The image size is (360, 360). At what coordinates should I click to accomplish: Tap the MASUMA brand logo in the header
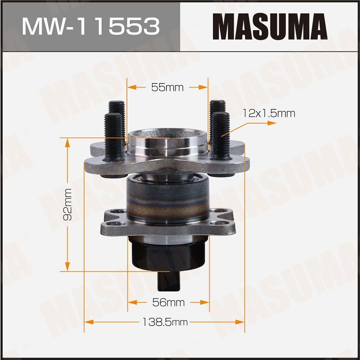pyautogui.click(x=270, y=26)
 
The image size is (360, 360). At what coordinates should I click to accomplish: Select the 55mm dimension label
pyautogui.click(x=167, y=87)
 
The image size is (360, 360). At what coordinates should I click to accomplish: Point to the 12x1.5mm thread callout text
pyautogui.click(x=269, y=113)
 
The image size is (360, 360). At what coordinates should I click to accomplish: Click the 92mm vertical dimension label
pyautogui.click(x=67, y=204)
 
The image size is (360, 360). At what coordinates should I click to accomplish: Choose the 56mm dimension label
pyautogui.click(x=169, y=302)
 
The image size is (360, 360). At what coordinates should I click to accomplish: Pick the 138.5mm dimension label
pyautogui.click(x=165, y=322)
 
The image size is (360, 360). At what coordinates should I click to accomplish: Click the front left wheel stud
pyautogui.click(x=113, y=137)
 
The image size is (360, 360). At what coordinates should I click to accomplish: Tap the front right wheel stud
pyautogui.click(x=220, y=136)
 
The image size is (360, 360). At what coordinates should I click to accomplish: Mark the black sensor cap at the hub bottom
pyautogui.click(x=168, y=254)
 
